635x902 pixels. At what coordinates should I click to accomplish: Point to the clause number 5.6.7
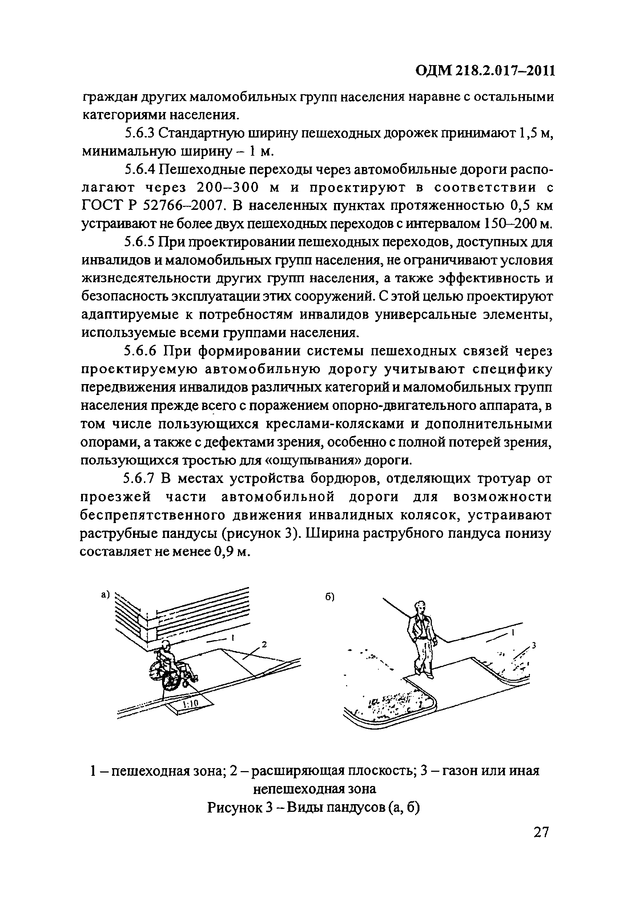(x=140, y=479)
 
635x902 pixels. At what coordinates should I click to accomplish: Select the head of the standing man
(x=420, y=607)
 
